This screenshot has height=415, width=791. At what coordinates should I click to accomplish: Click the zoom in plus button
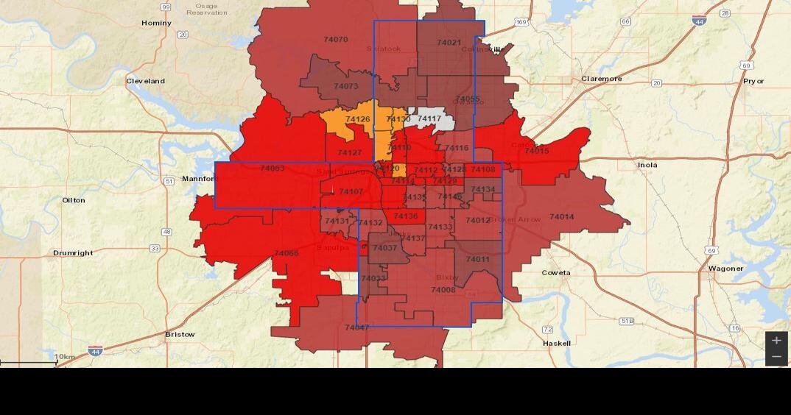coord(776,341)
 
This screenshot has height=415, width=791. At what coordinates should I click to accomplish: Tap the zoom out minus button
coord(776,357)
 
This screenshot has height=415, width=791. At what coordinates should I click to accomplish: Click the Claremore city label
coord(601,79)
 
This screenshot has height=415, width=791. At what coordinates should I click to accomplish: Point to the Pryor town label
coord(753,81)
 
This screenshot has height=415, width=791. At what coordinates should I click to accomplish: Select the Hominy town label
coord(156,23)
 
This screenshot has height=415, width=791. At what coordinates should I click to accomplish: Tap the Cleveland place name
coord(145,81)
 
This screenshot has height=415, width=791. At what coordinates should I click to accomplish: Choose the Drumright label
coord(73,253)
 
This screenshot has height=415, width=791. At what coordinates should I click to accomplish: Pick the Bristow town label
coord(180,334)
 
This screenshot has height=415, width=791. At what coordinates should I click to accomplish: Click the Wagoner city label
coord(725,269)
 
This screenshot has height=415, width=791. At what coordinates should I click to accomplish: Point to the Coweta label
coord(556,273)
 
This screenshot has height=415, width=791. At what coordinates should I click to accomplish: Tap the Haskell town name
coord(556,343)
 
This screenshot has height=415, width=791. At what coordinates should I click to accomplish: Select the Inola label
coord(647,165)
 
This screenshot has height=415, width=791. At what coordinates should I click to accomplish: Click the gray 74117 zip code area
coord(429,118)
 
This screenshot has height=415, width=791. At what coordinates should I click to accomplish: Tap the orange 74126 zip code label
coord(358,119)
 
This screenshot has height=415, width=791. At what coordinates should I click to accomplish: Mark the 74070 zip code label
coord(336,39)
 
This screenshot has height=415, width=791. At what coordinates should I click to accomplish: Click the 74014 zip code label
coord(561,217)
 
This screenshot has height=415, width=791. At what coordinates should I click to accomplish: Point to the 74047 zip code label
coord(356,327)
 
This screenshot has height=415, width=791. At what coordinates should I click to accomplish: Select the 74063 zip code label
coord(272,169)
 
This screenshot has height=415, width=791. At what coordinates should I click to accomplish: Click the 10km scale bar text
coord(65,358)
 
